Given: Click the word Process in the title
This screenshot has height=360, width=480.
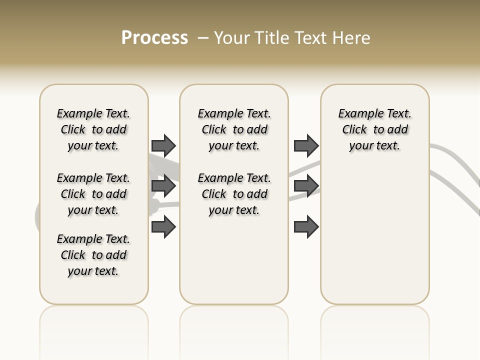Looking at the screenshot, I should [x=154, y=38].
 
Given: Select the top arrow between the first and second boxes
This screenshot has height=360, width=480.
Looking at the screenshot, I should [x=163, y=145].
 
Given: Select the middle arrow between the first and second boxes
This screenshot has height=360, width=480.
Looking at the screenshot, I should [x=163, y=186].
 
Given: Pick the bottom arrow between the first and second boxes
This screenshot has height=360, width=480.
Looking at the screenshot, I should [x=163, y=227].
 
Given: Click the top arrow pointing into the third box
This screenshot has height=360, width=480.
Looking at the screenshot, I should [x=306, y=145].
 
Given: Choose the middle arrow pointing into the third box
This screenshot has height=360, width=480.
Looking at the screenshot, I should [x=306, y=186].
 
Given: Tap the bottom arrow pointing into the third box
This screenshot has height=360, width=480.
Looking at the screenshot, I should [x=306, y=227].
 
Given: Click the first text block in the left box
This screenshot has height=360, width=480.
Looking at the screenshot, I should [x=93, y=129].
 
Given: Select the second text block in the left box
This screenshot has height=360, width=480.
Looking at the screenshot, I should [x=93, y=194].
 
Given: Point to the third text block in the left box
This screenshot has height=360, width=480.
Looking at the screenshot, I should [x=93, y=255].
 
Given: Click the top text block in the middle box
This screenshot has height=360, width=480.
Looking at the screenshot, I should [x=234, y=129].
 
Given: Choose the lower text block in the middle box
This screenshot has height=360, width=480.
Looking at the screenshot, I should [x=234, y=194].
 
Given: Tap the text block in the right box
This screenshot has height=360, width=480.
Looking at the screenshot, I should [x=374, y=129].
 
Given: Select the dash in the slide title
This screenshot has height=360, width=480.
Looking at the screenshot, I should [x=203, y=38].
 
